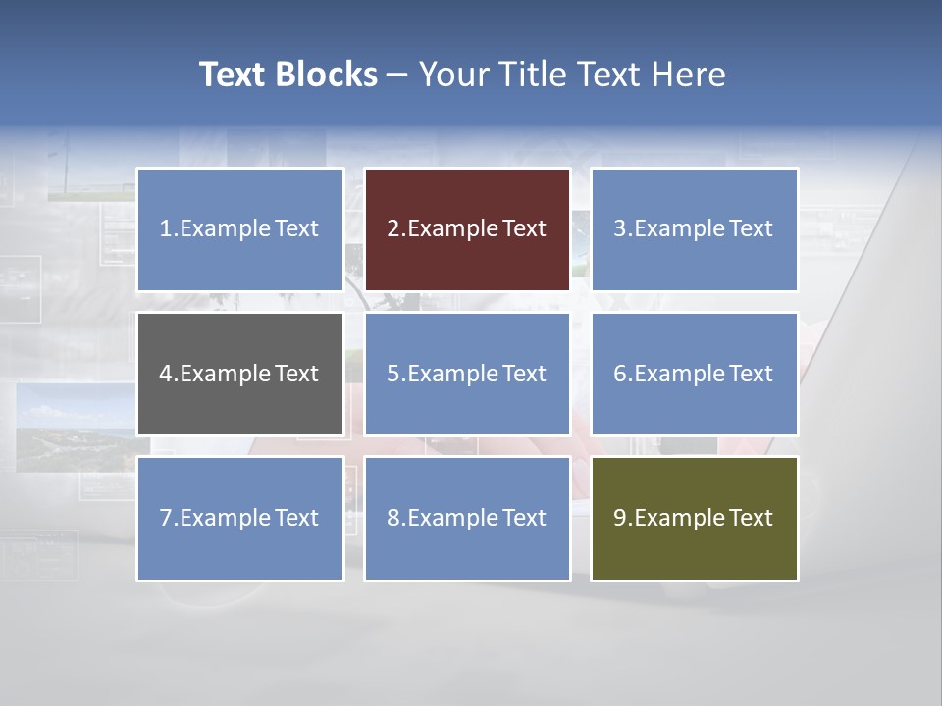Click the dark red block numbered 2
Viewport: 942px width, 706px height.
(x=467, y=229)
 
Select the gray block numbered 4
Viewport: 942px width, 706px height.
(x=240, y=374)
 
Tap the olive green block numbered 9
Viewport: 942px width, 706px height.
(x=694, y=518)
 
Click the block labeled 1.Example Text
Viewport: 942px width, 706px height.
(x=240, y=229)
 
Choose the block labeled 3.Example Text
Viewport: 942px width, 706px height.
(x=694, y=229)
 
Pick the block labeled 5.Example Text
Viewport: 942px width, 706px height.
(x=467, y=374)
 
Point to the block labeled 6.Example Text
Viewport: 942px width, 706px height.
(x=694, y=374)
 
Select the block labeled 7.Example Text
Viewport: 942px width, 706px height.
(x=240, y=518)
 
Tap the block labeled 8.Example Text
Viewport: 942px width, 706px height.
(x=467, y=518)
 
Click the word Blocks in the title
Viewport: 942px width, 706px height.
(x=326, y=75)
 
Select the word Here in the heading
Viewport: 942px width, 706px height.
(x=687, y=75)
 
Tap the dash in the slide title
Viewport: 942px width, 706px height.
(x=397, y=75)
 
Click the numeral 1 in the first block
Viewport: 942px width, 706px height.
(x=166, y=229)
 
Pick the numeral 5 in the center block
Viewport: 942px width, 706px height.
(x=392, y=374)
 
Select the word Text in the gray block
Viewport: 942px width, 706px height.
(x=297, y=374)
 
